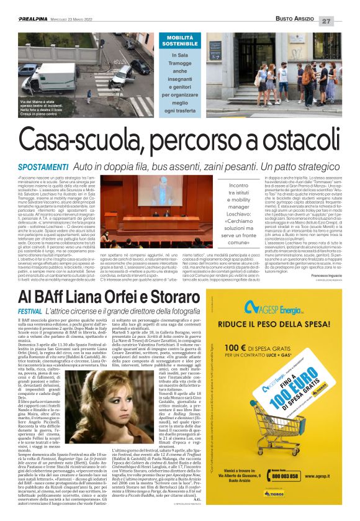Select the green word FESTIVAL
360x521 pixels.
pyautogui.click(x=30, y=310)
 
